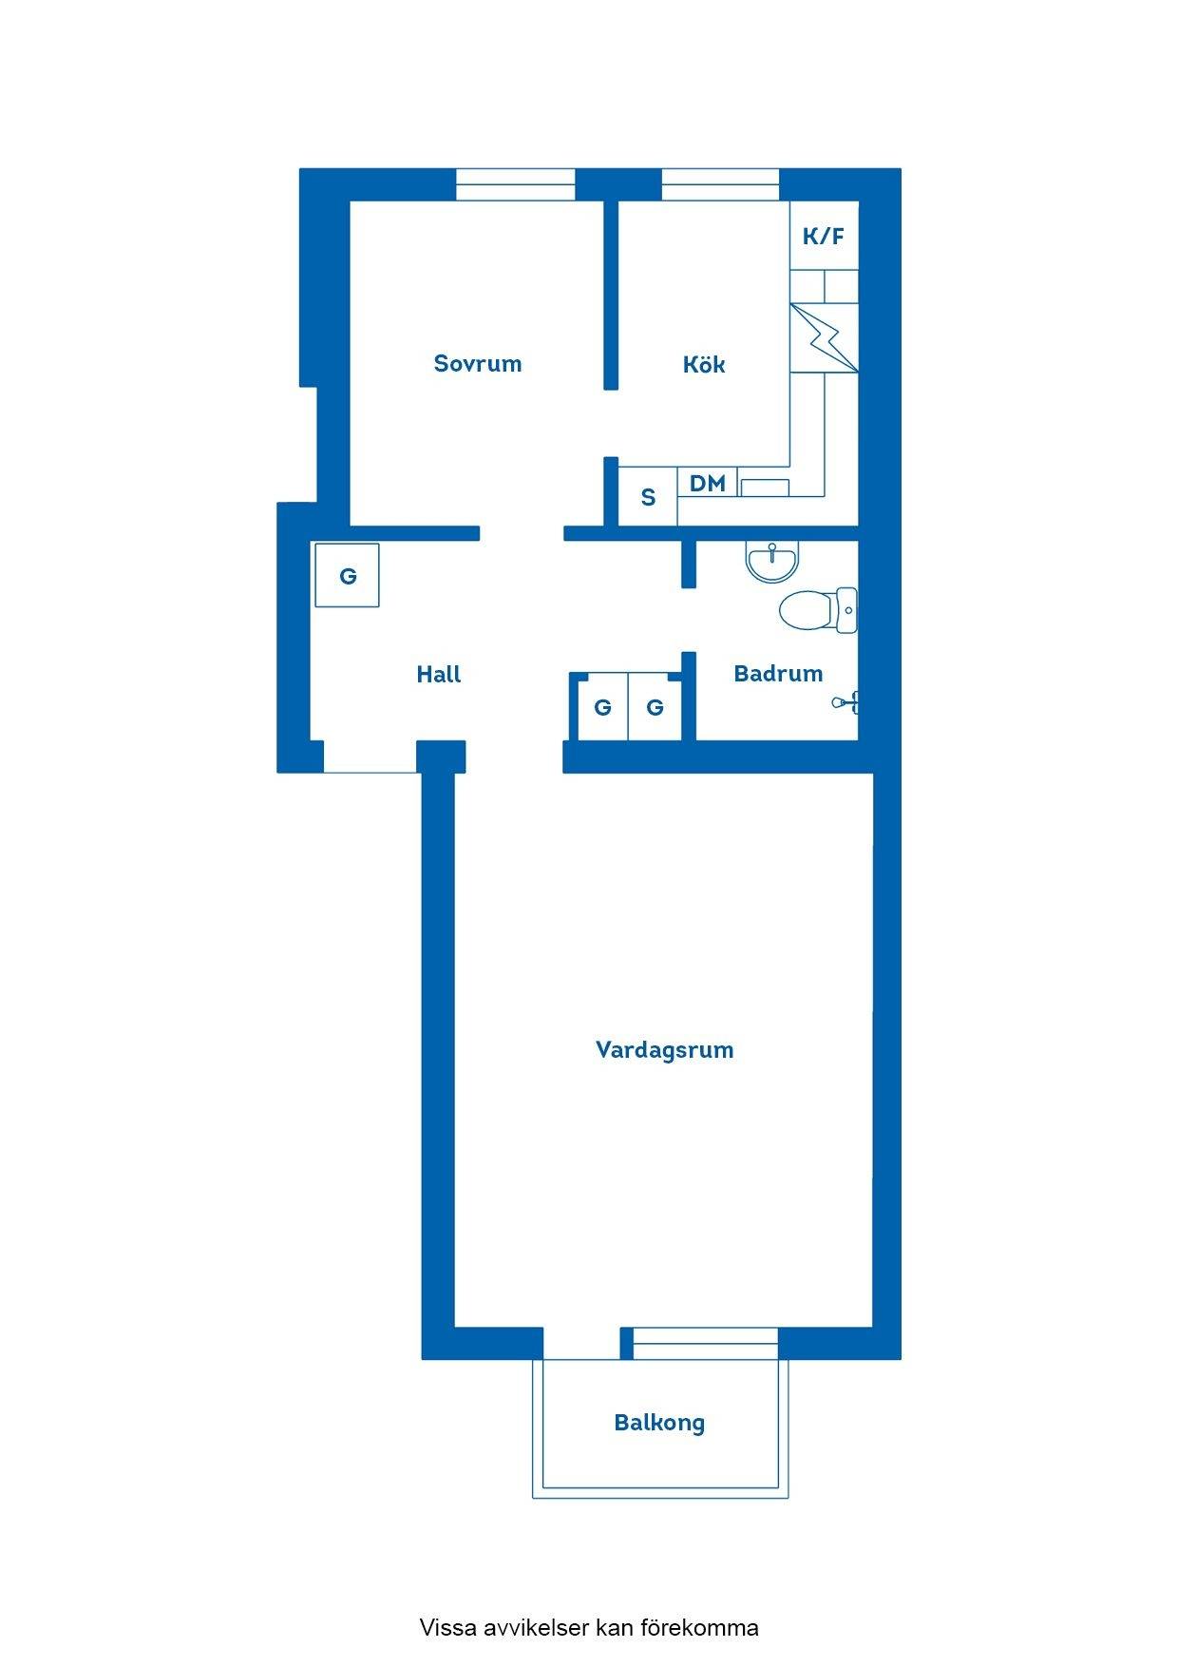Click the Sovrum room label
pyautogui.click(x=478, y=363)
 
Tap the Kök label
pyautogui.click(x=704, y=364)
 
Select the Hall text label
pyautogui.click(x=438, y=674)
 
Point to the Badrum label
pyautogui.click(x=778, y=673)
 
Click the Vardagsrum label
pyautogui.click(x=664, y=1049)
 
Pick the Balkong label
pyautogui.click(x=659, y=1423)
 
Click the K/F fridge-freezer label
pyautogui.click(x=824, y=236)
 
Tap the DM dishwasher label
pyautogui.click(x=708, y=483)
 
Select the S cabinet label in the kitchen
pyautogui.click(x=648, y=497)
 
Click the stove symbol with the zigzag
pyautogui.click(x=824, y=337)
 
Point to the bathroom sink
pyautogui.click(x=772, y=563)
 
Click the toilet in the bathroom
pyautogui.click(x=818, y=609)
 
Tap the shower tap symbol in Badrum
pyautogui.click(x=846, y=703)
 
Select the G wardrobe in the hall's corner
pyautogui.click(x=348, y=575)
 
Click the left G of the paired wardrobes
pyautogui.click(x=602, y=707)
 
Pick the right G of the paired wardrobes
pyautogui.click(x=655, y=707)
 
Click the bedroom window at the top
pyautogui.click(x=515, y=184)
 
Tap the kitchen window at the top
pyautogui.click(x=720, y=184)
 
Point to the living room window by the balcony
pyautogui.click(x=706, y=1343)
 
